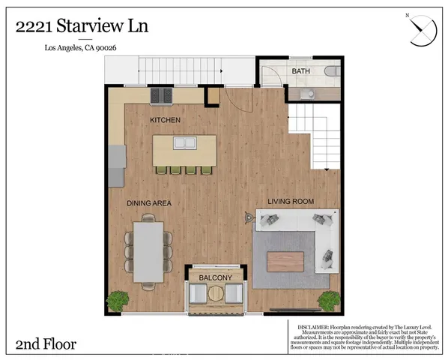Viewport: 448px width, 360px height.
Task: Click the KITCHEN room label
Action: pyautogui.click(x=166, y=120)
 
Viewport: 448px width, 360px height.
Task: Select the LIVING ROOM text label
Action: pyautogui.click(x=290, y=201)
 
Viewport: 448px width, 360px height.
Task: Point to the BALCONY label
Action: pyautogui.click(x=215, y=278)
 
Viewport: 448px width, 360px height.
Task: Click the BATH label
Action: pyautogui.click(x=300, y=71)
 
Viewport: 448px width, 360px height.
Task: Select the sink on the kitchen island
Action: pyautogui.click(x=184, y=142)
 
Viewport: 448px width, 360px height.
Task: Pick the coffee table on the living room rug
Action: pyautogui.click(x=285, y=261)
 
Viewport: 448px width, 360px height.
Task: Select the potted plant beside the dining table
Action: pyautogui.click(x=118, y=301)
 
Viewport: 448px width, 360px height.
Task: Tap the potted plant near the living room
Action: pyautogui.click(x=328, y=301)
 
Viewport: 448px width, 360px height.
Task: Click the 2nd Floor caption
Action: pyautogui.click(x=46, y=344)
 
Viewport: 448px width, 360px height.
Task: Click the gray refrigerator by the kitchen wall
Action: pyautogui.click(x=116, y=165)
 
